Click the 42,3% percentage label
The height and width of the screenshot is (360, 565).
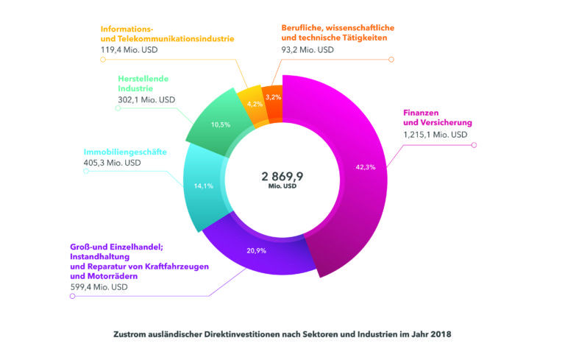365,167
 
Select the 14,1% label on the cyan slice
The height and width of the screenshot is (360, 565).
203,186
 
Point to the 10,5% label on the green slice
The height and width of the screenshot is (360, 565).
221,124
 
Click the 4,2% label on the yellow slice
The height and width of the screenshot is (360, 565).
255,104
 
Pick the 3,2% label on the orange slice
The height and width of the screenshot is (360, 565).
274,97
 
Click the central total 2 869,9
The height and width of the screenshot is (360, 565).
282,177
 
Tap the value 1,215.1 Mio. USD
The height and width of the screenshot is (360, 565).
435,135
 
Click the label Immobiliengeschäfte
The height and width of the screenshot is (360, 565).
124,152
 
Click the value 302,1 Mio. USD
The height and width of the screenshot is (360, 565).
147,99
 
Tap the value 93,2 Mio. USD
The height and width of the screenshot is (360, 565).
308,50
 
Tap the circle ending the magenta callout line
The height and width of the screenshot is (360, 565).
475,144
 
